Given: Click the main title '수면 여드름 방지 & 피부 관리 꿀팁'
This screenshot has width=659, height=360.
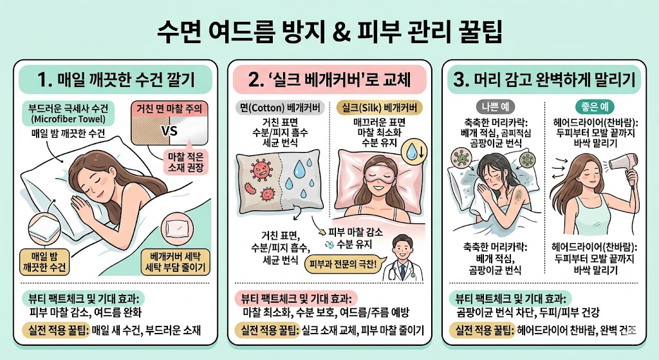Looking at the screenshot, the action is click(x=329, y=30).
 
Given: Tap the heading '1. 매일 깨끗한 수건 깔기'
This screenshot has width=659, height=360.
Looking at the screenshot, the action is click(x=115, y=81).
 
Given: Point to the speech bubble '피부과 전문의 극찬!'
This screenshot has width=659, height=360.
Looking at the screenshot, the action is click(x=345, y=264).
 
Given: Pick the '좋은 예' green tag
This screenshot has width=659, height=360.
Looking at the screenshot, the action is click(x=593, y=106).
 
